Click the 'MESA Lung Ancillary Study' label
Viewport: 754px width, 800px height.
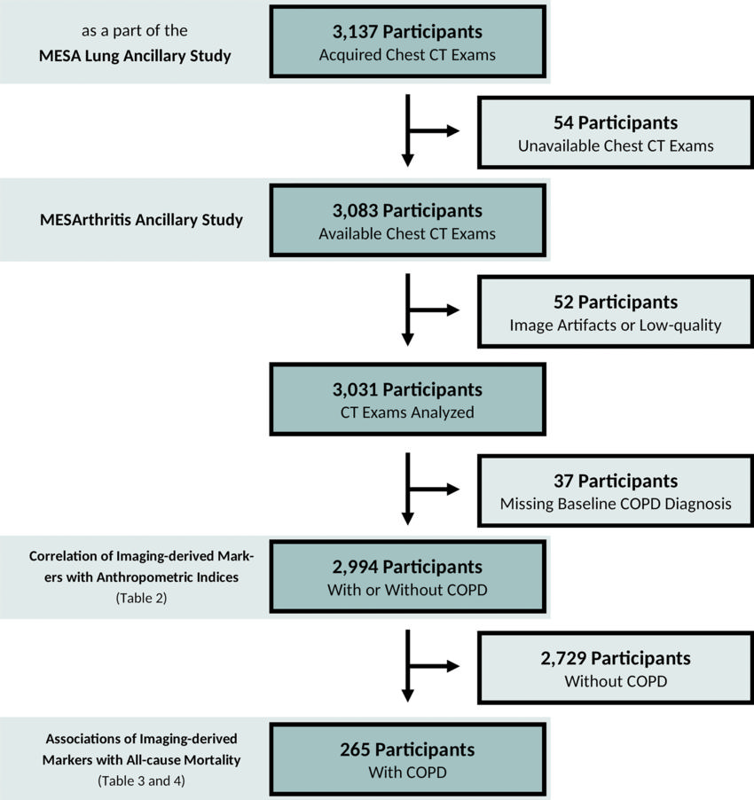(x=135, y=57)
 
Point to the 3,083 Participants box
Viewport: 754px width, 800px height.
(x=407, y=222)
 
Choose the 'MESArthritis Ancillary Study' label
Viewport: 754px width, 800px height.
(x=141, y=220)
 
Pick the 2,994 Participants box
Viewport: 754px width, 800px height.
(x=407, y=578)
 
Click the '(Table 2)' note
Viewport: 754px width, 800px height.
(x=141, y=599)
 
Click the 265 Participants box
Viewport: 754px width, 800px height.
(x=407, y=760)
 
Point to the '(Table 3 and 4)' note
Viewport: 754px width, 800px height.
(x=141, y=781)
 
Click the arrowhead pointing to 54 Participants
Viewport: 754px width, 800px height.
(x=453, y=132)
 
